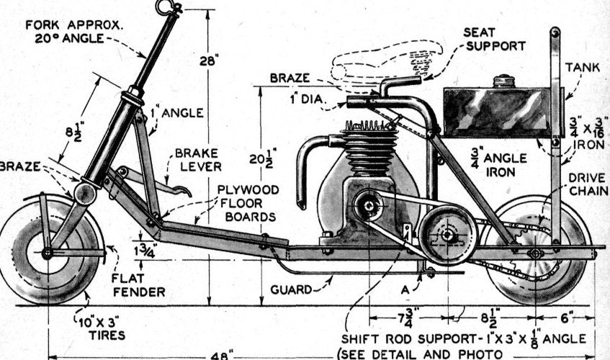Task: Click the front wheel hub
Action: (x=47, y=253)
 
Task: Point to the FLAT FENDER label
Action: (x=138, y=285)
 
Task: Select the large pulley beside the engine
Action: (x=447, y=235)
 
